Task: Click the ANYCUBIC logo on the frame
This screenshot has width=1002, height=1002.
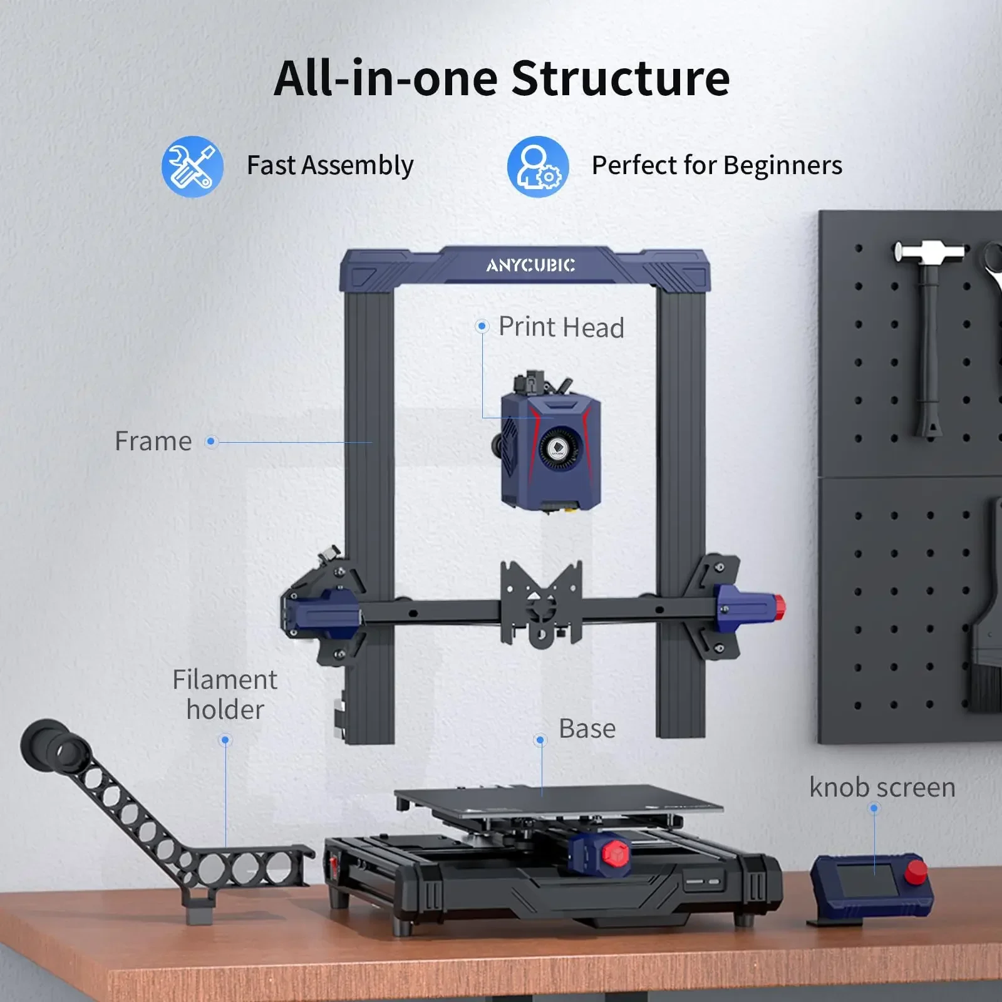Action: (530, 266)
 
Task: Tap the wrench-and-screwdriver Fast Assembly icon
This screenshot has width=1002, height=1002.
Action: (192, 167)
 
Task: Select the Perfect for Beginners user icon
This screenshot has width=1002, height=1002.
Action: (537, 167)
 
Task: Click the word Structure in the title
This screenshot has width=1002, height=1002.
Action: (620, 78)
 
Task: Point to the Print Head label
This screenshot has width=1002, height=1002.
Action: (561, 327)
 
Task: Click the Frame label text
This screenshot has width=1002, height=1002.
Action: (153, 442)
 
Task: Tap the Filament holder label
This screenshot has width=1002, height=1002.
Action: (225, 695)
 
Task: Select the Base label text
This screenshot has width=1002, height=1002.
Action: (587, 728)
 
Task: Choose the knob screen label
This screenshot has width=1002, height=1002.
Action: (882, 787)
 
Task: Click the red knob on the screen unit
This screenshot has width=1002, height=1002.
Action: (916, 871)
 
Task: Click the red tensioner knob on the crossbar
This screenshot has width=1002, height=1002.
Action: (779, 607)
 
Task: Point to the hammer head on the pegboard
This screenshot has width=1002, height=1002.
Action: (929, 252)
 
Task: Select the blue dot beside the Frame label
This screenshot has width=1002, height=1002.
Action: (211, 442)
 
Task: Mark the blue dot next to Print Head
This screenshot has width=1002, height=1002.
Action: (482, 326)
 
